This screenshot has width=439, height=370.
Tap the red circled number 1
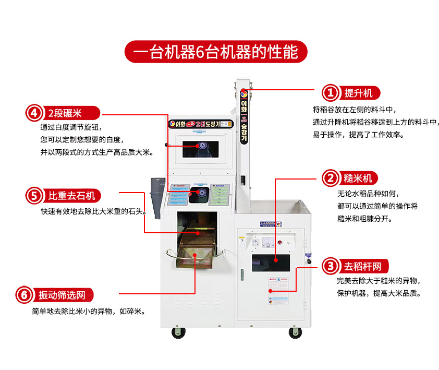[331, 93]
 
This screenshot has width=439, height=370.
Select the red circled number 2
[331, 178]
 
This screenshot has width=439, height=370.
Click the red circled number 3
[331, 266]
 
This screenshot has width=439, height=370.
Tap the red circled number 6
[24, 295]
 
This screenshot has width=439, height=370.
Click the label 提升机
[359, 93]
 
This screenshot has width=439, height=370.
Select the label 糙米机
[358, 178]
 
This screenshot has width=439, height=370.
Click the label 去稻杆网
[362, 266]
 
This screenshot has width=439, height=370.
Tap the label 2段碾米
[66, 113]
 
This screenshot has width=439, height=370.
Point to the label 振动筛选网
[62, 295]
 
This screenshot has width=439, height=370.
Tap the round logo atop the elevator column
[242, 94]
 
